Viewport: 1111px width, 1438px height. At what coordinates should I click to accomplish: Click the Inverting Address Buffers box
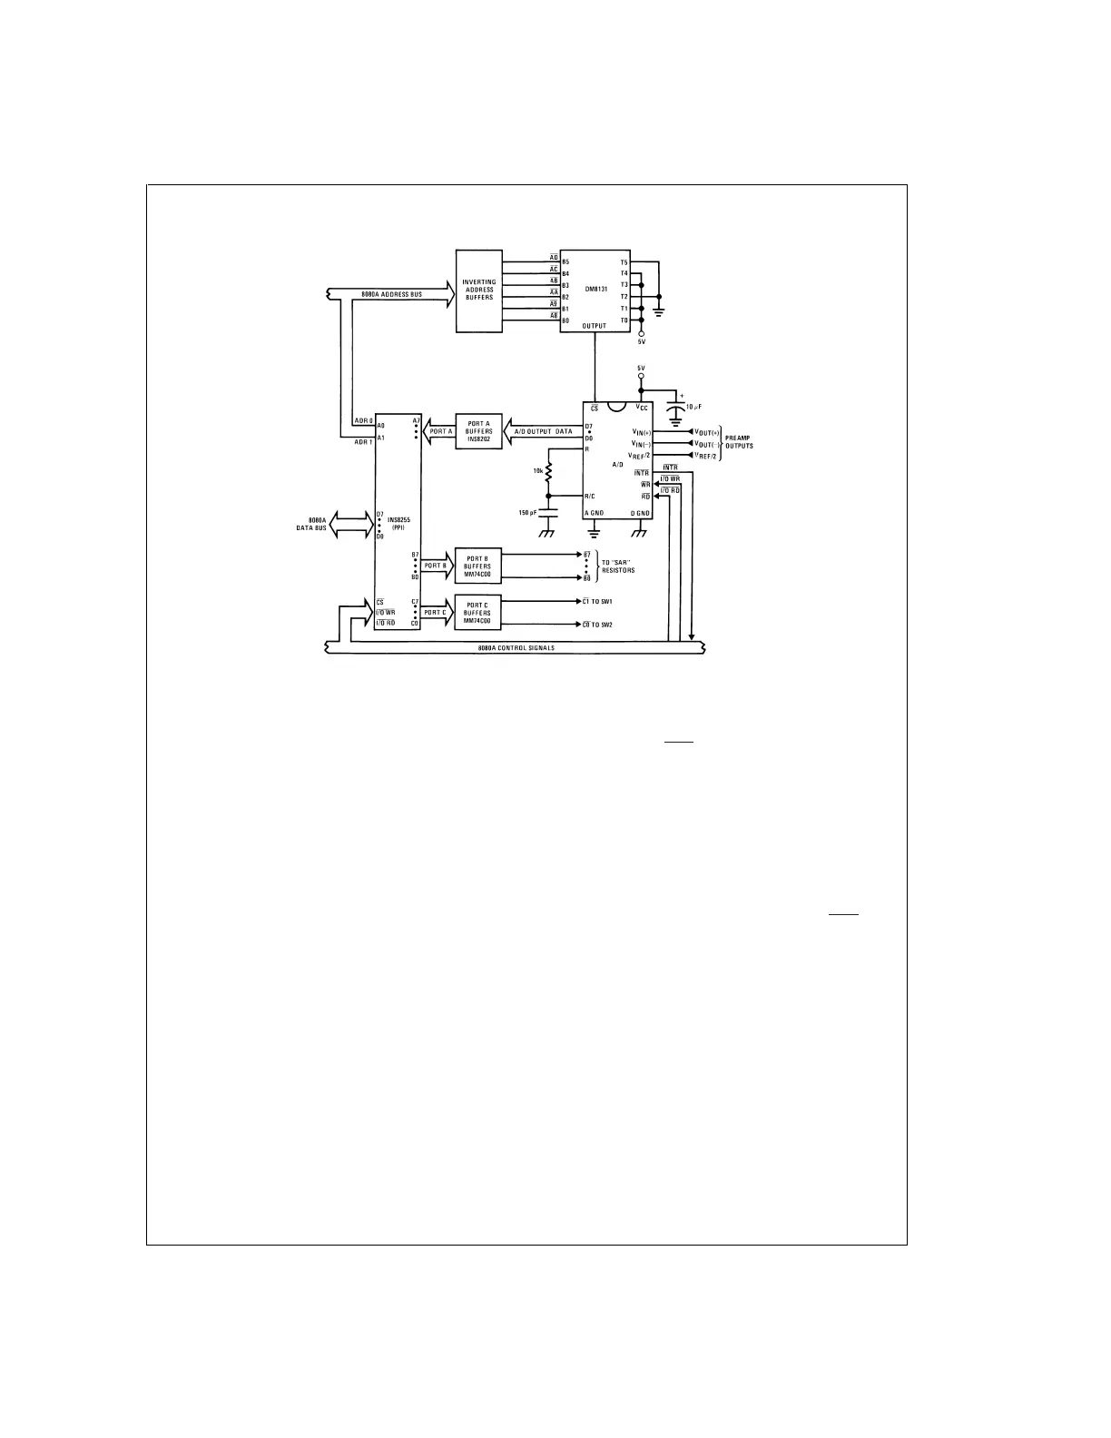478,291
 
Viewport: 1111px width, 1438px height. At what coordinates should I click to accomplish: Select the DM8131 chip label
596,289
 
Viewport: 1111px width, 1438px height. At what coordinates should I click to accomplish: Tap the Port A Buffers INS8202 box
478,430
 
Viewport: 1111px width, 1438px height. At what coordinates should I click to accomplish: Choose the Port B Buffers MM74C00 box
477,566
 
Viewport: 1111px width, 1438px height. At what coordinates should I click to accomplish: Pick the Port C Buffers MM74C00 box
477,612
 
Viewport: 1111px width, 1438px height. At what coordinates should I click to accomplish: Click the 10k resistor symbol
548,472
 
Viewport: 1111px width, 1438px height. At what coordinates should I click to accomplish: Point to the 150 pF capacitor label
528,513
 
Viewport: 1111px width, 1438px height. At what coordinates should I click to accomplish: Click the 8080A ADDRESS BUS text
391,294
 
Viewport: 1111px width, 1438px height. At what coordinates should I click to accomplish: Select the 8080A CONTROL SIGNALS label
516,647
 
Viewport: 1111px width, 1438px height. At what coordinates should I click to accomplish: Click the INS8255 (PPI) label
398,524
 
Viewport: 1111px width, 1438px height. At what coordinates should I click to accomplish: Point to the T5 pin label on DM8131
624,262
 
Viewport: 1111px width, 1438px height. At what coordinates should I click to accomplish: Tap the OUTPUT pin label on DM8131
595,325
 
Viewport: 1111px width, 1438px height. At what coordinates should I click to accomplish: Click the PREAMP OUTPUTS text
739,442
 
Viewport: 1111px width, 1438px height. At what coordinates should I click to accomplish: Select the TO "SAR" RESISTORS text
618,566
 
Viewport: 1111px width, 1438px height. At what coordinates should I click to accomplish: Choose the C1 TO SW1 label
598,601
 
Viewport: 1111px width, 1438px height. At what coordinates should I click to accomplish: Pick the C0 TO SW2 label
598,625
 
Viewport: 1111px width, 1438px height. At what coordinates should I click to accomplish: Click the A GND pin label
595,513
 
